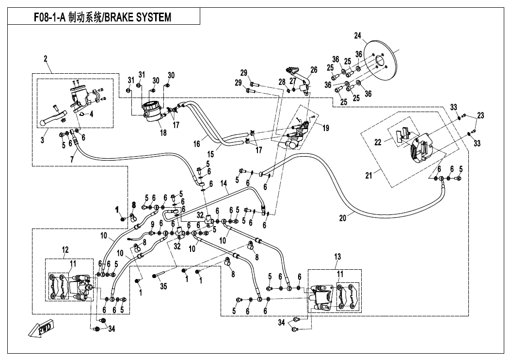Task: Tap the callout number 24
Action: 358,35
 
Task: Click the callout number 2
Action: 45,59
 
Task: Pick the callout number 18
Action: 162,133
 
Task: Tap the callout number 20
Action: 343,218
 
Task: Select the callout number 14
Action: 224,184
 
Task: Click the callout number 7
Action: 73,159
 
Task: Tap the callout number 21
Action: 369,176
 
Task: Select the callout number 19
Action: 325,128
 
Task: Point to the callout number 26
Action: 314,70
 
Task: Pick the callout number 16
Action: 197,145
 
